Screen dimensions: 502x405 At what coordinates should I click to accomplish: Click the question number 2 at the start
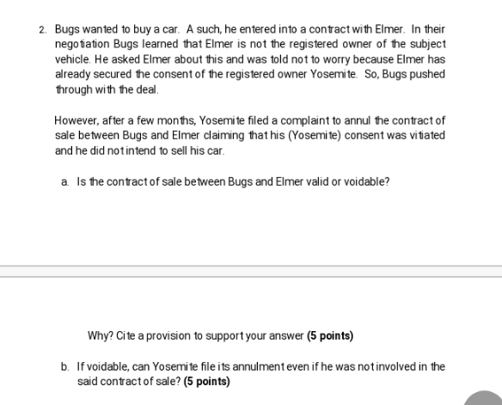coord(42,29)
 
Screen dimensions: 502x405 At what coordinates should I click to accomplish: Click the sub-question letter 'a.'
coord(65,181)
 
